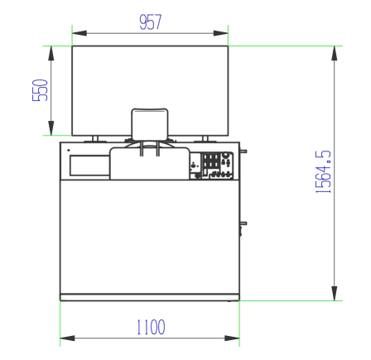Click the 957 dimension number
click(151, 22)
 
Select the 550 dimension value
click(41, 90)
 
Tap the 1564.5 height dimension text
click(323, 171)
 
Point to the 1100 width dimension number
click(151, 327)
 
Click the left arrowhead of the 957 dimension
click(79, 33)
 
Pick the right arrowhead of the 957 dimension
click(221, 33)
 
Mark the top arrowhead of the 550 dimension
click(51, 53)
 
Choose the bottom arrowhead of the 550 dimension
click(51, 128)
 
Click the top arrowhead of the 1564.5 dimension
click(335, 53)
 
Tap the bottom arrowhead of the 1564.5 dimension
click(335, 294)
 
